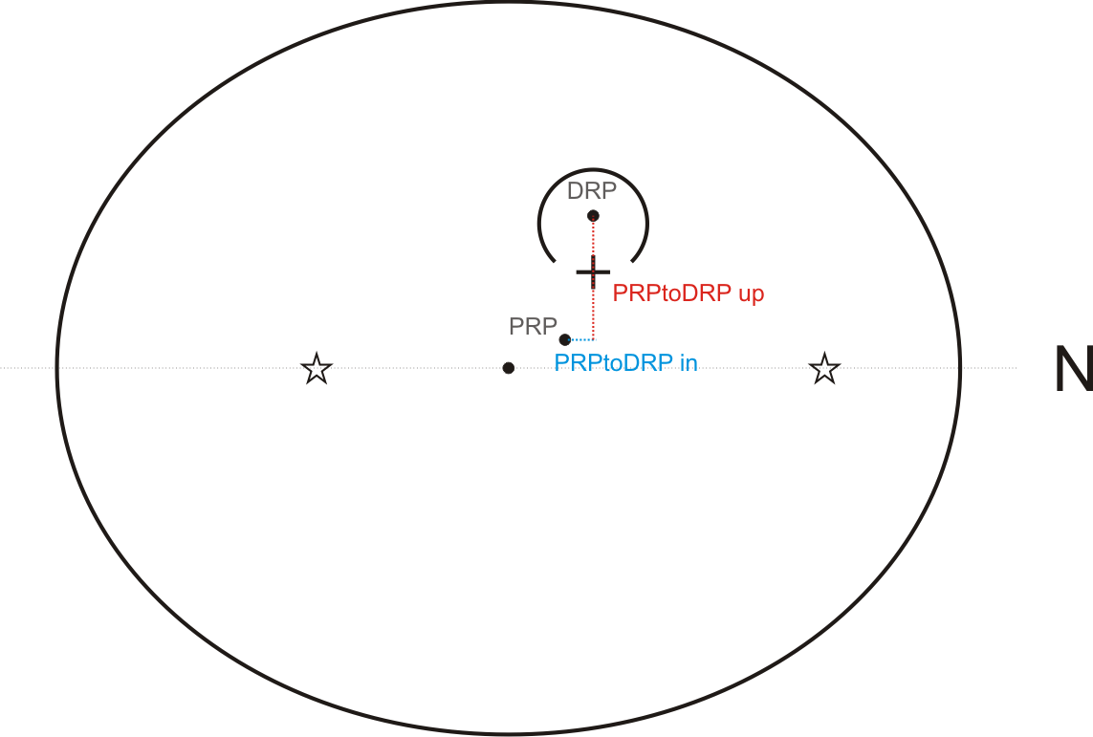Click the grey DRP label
point(591,191)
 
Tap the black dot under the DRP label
point(593,215)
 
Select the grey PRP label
point(533,327)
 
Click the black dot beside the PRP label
point(565,339)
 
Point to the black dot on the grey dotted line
point(509,368)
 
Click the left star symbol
point(317,368)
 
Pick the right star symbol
point(824,368)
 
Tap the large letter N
point(1073,370)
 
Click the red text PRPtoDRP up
point(688,294)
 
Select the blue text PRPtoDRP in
point(625,363)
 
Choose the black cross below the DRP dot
point(594,272)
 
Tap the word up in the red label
point(751,294)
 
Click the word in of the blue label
point(689,363)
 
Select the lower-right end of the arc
point(633,260)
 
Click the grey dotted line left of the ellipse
point(29,368)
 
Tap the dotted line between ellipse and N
point(990,368)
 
